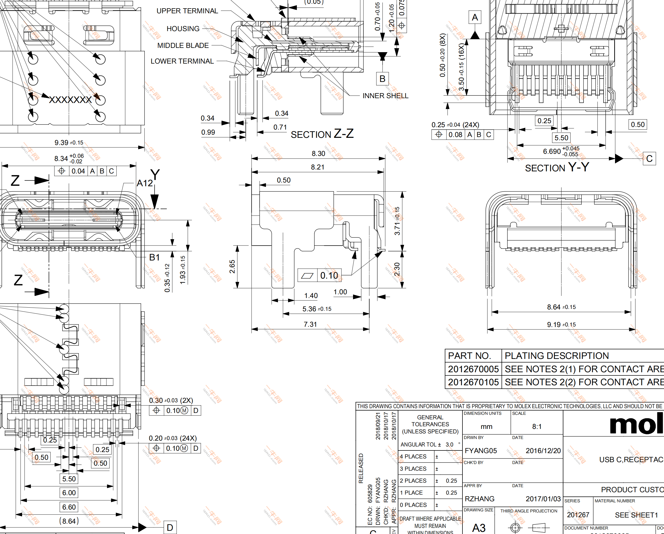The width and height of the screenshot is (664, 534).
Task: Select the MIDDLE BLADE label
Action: tap(183, 45)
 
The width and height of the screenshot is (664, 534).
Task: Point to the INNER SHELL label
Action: tap(385, 96)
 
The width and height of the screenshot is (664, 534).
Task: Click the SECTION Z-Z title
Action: tap(322, 134)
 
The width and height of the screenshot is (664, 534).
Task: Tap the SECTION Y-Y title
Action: tap(556, 168)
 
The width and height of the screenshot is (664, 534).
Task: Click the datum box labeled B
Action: tap(382, 79)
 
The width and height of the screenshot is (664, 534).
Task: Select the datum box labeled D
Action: tap(170, 528)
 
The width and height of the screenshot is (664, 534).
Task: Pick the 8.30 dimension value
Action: tap(318, 154)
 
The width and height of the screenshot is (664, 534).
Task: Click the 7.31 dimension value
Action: tap(310, 324)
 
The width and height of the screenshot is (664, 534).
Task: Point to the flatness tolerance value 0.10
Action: tap(329, 275)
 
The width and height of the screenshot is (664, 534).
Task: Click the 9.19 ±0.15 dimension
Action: tap(561, 325)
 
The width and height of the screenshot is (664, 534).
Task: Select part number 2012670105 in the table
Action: tap(473, 382)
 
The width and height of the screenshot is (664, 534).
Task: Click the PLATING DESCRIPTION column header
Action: tap(556, 356)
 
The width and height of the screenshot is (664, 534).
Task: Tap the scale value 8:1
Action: tap(537, 427)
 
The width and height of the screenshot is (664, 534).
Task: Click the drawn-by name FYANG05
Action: tap(481, 451)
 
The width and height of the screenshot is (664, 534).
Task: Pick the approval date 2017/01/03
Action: tap(543, 499)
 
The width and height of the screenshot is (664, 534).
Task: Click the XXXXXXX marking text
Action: tap(70, 100)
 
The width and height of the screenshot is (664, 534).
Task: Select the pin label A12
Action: tap(145, 183)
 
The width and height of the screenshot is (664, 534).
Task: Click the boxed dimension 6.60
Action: tap(69, 507)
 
